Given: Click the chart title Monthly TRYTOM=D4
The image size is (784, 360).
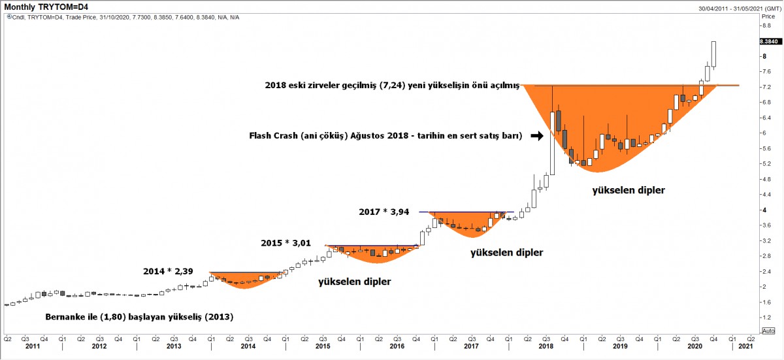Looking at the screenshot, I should coord(46,7).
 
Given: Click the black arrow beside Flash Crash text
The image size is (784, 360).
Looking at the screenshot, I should coord(536,136).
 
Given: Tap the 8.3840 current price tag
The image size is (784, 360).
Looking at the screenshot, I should coord(768,41).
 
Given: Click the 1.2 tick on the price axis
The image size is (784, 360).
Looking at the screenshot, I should coord(766,318).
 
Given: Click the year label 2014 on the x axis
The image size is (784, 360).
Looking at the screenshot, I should coord(248,346).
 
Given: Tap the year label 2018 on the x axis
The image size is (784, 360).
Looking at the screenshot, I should coord(546,346).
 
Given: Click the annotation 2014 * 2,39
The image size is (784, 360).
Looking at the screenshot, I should coord(169,270).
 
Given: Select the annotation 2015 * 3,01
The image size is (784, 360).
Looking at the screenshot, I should coord(286,243).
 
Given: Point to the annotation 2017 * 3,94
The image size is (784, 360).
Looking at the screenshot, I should coord(384,212).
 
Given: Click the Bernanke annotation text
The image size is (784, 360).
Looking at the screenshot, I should coord(139,317).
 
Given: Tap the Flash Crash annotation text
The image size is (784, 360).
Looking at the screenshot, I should coord(385,137).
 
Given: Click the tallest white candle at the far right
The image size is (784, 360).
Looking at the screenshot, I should coord(714,54).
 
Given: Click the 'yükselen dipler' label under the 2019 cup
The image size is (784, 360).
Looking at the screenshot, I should coord(628,191).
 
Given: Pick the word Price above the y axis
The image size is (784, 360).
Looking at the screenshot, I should coord(768,16).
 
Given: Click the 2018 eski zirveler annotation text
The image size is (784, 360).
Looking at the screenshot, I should coord(391,85).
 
